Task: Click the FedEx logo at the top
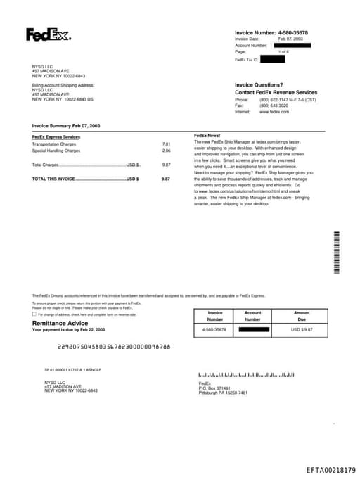(48, 34)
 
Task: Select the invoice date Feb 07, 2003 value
(291, 39)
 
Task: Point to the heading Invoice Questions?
(259, 84)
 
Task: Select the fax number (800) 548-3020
(274, 106)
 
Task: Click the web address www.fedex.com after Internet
(274, 112)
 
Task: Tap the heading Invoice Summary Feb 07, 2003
(66, 125)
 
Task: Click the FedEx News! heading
(207, 135)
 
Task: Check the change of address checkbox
(34, 314)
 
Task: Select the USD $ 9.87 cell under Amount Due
(302, 329)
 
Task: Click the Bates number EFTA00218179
(330, 470)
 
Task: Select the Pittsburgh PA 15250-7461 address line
(223, 393)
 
